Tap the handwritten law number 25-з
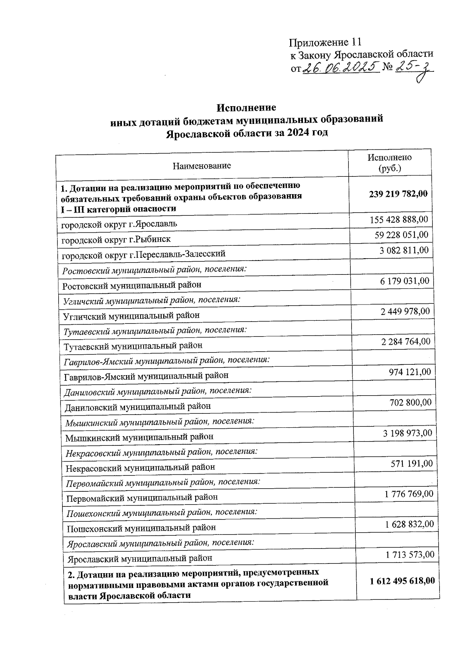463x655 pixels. tap(415, 69)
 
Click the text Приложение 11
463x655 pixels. tap(325, 42)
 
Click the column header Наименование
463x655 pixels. tap(201, 166)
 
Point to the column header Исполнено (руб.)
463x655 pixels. tap(389, 163)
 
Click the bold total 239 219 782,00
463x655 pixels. tap(398, 194)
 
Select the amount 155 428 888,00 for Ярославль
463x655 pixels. tap(399, 220)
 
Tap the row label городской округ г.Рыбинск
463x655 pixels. tap(116, 239)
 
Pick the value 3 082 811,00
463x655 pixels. tap(404, 250)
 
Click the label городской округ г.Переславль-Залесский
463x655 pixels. tap(144, 254)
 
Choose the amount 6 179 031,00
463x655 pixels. tap(404, 281)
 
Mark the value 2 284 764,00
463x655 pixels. tap(405, 341)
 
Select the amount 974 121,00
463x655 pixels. tap(410, 372)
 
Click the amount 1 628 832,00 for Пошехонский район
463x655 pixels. tap(409, 524)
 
